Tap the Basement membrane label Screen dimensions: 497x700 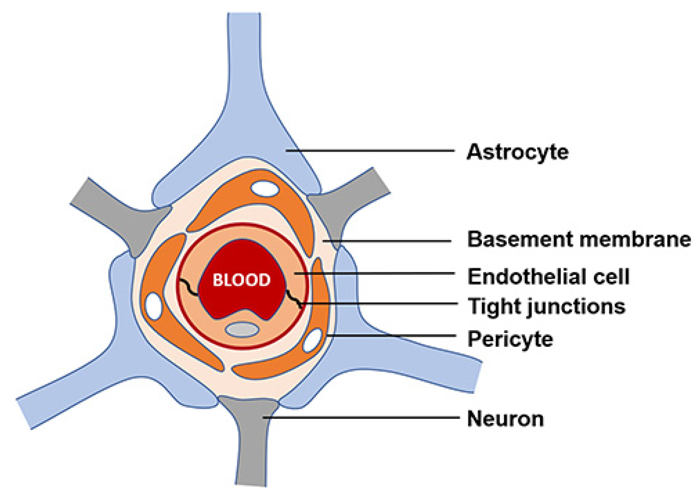579,240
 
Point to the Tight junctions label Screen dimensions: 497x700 546,306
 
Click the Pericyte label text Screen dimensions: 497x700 510,339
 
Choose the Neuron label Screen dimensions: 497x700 505,419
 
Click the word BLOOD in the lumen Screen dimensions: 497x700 241,280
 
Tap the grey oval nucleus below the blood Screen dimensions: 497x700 242,330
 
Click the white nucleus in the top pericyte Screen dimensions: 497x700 265,189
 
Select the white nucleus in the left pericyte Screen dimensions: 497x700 154,306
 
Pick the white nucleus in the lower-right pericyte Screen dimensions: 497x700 312,340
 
